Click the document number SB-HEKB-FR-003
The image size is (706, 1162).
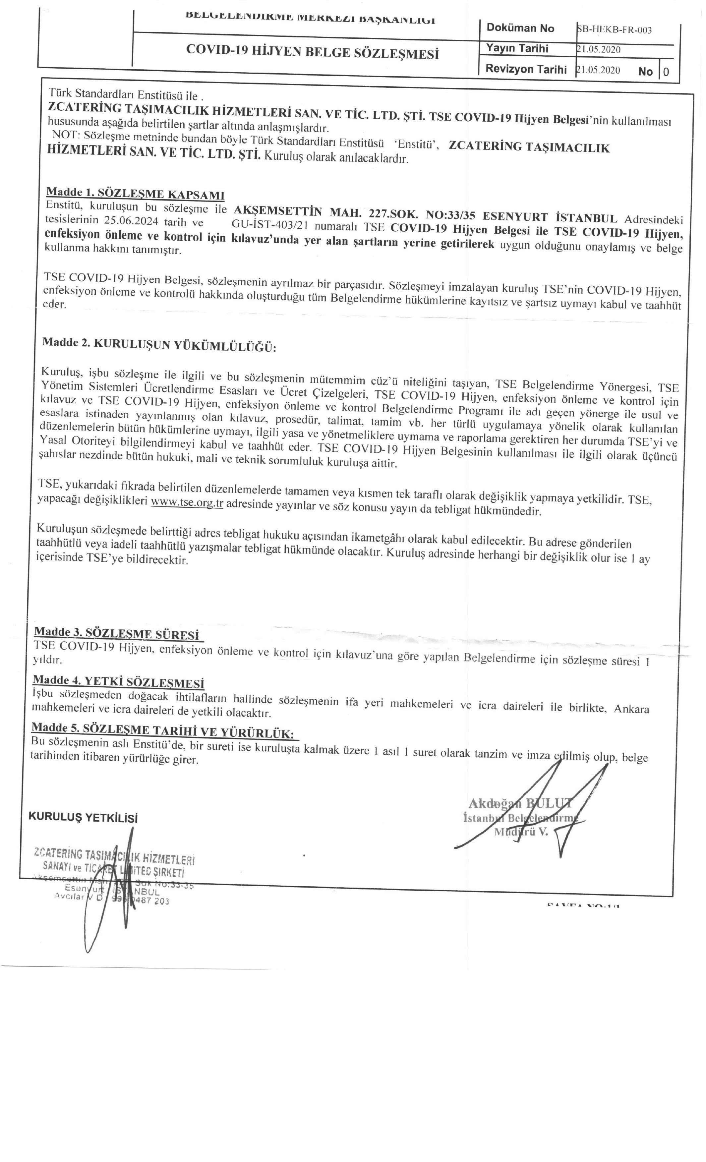click(615, 30)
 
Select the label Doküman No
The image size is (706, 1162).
click(520, 28)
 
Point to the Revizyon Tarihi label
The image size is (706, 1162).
click(526, 69)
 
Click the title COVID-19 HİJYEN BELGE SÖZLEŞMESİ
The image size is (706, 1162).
click(312, 51)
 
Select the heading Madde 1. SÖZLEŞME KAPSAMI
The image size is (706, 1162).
click(135, 194)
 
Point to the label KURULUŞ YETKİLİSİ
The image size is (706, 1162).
click(83, 817)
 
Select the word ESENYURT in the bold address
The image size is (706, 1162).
click(515, 217)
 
